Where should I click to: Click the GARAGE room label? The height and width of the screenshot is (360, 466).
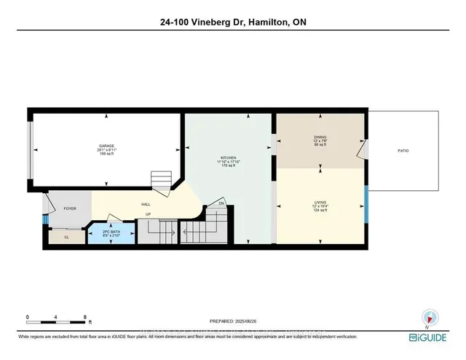[106, 146]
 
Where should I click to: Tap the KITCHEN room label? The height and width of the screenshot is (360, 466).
[229, 158]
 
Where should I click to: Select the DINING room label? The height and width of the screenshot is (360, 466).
[320, 136]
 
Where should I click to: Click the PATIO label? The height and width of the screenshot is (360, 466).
[403, 151]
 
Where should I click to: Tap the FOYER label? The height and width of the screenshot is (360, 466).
[70, 208]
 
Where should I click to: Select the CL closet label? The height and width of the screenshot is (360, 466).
[66, 236]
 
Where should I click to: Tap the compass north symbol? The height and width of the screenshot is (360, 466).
[429, 317]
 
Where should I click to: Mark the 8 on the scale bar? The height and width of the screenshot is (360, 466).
[85, 317]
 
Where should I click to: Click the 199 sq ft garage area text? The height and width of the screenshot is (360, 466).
[106, 154]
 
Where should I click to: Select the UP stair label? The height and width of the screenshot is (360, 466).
[149, 214]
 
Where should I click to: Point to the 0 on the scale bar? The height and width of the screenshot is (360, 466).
[27, 317]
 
